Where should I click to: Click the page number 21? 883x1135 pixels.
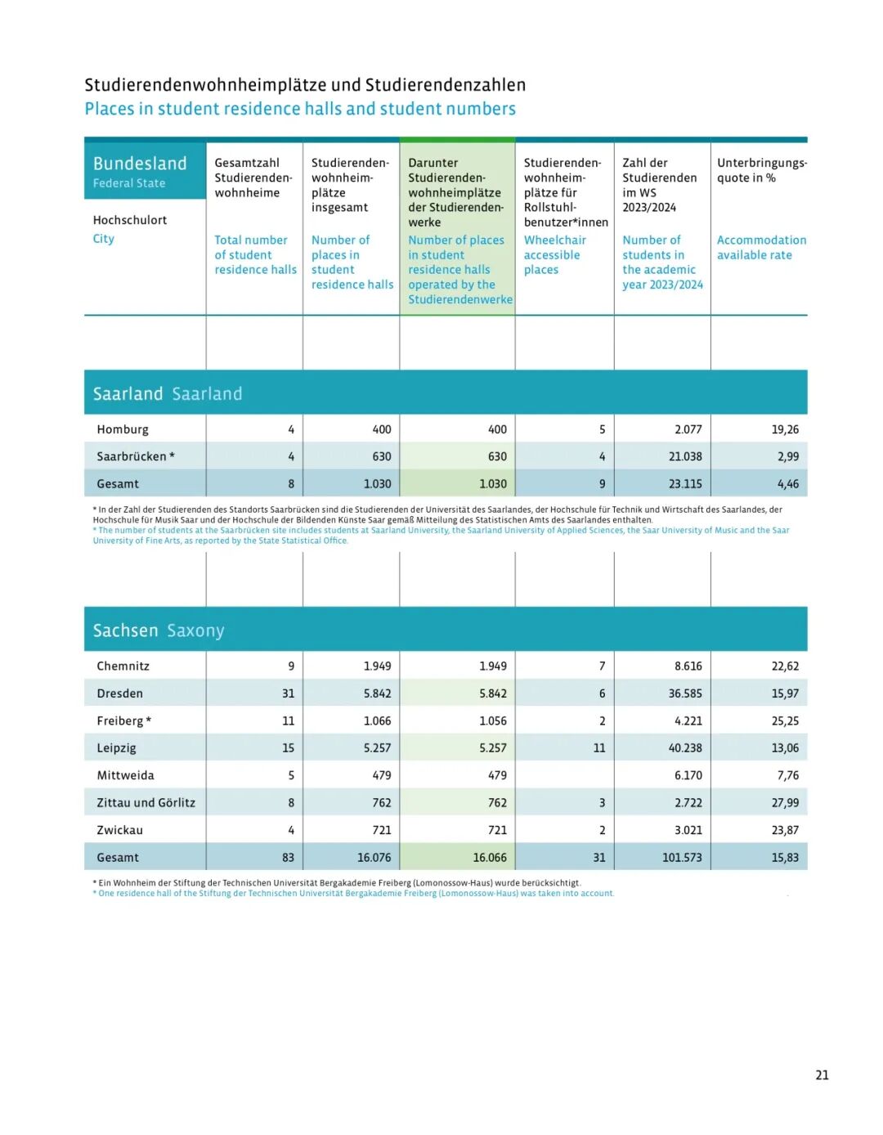click(x=822, y=1075)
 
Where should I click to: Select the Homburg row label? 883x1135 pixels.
click(x=123, y=429)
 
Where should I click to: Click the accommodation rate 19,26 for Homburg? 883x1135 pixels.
click(x=785, y=429)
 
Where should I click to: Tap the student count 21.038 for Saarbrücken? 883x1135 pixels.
click(x=685, y=456)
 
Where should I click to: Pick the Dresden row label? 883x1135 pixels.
click(x=119, y=693)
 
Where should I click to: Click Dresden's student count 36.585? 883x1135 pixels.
click(x=685, y=693)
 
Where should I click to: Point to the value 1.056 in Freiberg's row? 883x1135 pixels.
click(x=493, y=720)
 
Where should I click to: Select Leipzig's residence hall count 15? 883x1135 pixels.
click(x=288, y=747)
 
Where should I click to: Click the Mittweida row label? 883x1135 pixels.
click(x=125, y=775)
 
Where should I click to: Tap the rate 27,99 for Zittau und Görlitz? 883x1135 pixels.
click(x=785, y=802)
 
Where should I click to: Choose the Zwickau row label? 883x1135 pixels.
click(x=119, y=830)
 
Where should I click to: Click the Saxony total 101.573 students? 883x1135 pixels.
click(x=682, y=857)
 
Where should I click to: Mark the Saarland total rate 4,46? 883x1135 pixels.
click(x=788, y=484)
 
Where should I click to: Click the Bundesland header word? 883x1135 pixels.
click(x=140, y=164)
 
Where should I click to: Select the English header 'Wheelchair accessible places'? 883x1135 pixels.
click(x=554, y=255)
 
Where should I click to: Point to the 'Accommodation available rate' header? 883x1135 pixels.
click(x=760, y=248)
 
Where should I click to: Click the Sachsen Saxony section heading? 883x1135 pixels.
click(x=159, y=630)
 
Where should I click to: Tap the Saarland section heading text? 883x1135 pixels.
click(x=168, y=394)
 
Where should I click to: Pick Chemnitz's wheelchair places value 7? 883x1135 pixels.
click(x=602, y=666)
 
